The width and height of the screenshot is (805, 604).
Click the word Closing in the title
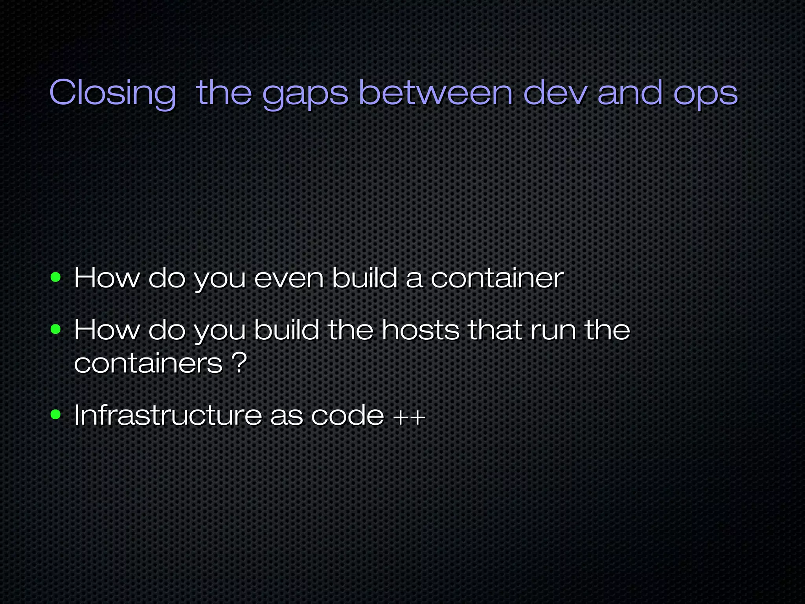pyautogui.click(x=112, y=93)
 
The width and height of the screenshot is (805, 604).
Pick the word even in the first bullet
pyautogui.click(x=289, y=278)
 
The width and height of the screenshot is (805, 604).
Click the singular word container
pyautogui.click(x=497, y=278)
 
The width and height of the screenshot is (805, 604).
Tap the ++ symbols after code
pyautogui.click(x=410, y=416)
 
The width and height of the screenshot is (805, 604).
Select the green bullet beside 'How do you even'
pyautogui.click(x=56, y=278)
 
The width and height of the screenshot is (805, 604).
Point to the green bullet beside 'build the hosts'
pyautogui.click(x=56, y=329)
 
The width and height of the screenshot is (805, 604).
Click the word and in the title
pyautogui.click(x=630, y=93)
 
